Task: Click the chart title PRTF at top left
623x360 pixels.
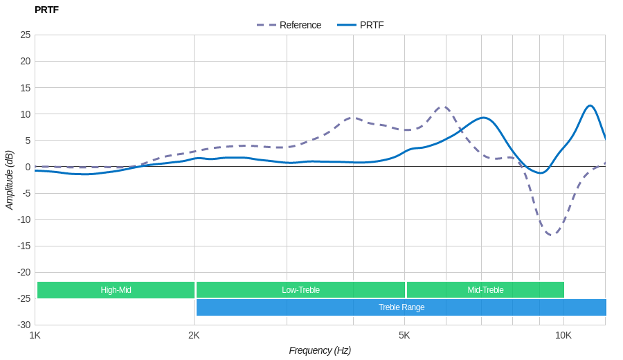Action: pos(46,10)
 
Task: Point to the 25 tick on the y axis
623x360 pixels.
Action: pos(26,35)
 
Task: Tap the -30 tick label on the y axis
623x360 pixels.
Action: pos(24,325)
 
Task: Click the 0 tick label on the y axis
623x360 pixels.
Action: pos(28,167)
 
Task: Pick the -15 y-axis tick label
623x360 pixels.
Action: pos(24,246)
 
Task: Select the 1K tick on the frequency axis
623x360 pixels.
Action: pos(35,335)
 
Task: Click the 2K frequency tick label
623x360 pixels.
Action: pos(194,335)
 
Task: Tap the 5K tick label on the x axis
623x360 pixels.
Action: pos(404,335)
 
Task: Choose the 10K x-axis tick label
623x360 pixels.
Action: pos(563,335)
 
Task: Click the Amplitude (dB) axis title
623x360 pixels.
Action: pos(10,180)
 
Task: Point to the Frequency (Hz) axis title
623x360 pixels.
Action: pos(320,350)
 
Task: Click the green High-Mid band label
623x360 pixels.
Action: pos(116,290)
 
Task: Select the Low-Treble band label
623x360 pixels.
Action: pos(300,290)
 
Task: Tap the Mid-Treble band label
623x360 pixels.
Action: pos(485,290)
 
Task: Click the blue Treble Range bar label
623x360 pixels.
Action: pos(401,307)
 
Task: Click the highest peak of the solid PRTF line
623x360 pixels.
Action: pos(590,106)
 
